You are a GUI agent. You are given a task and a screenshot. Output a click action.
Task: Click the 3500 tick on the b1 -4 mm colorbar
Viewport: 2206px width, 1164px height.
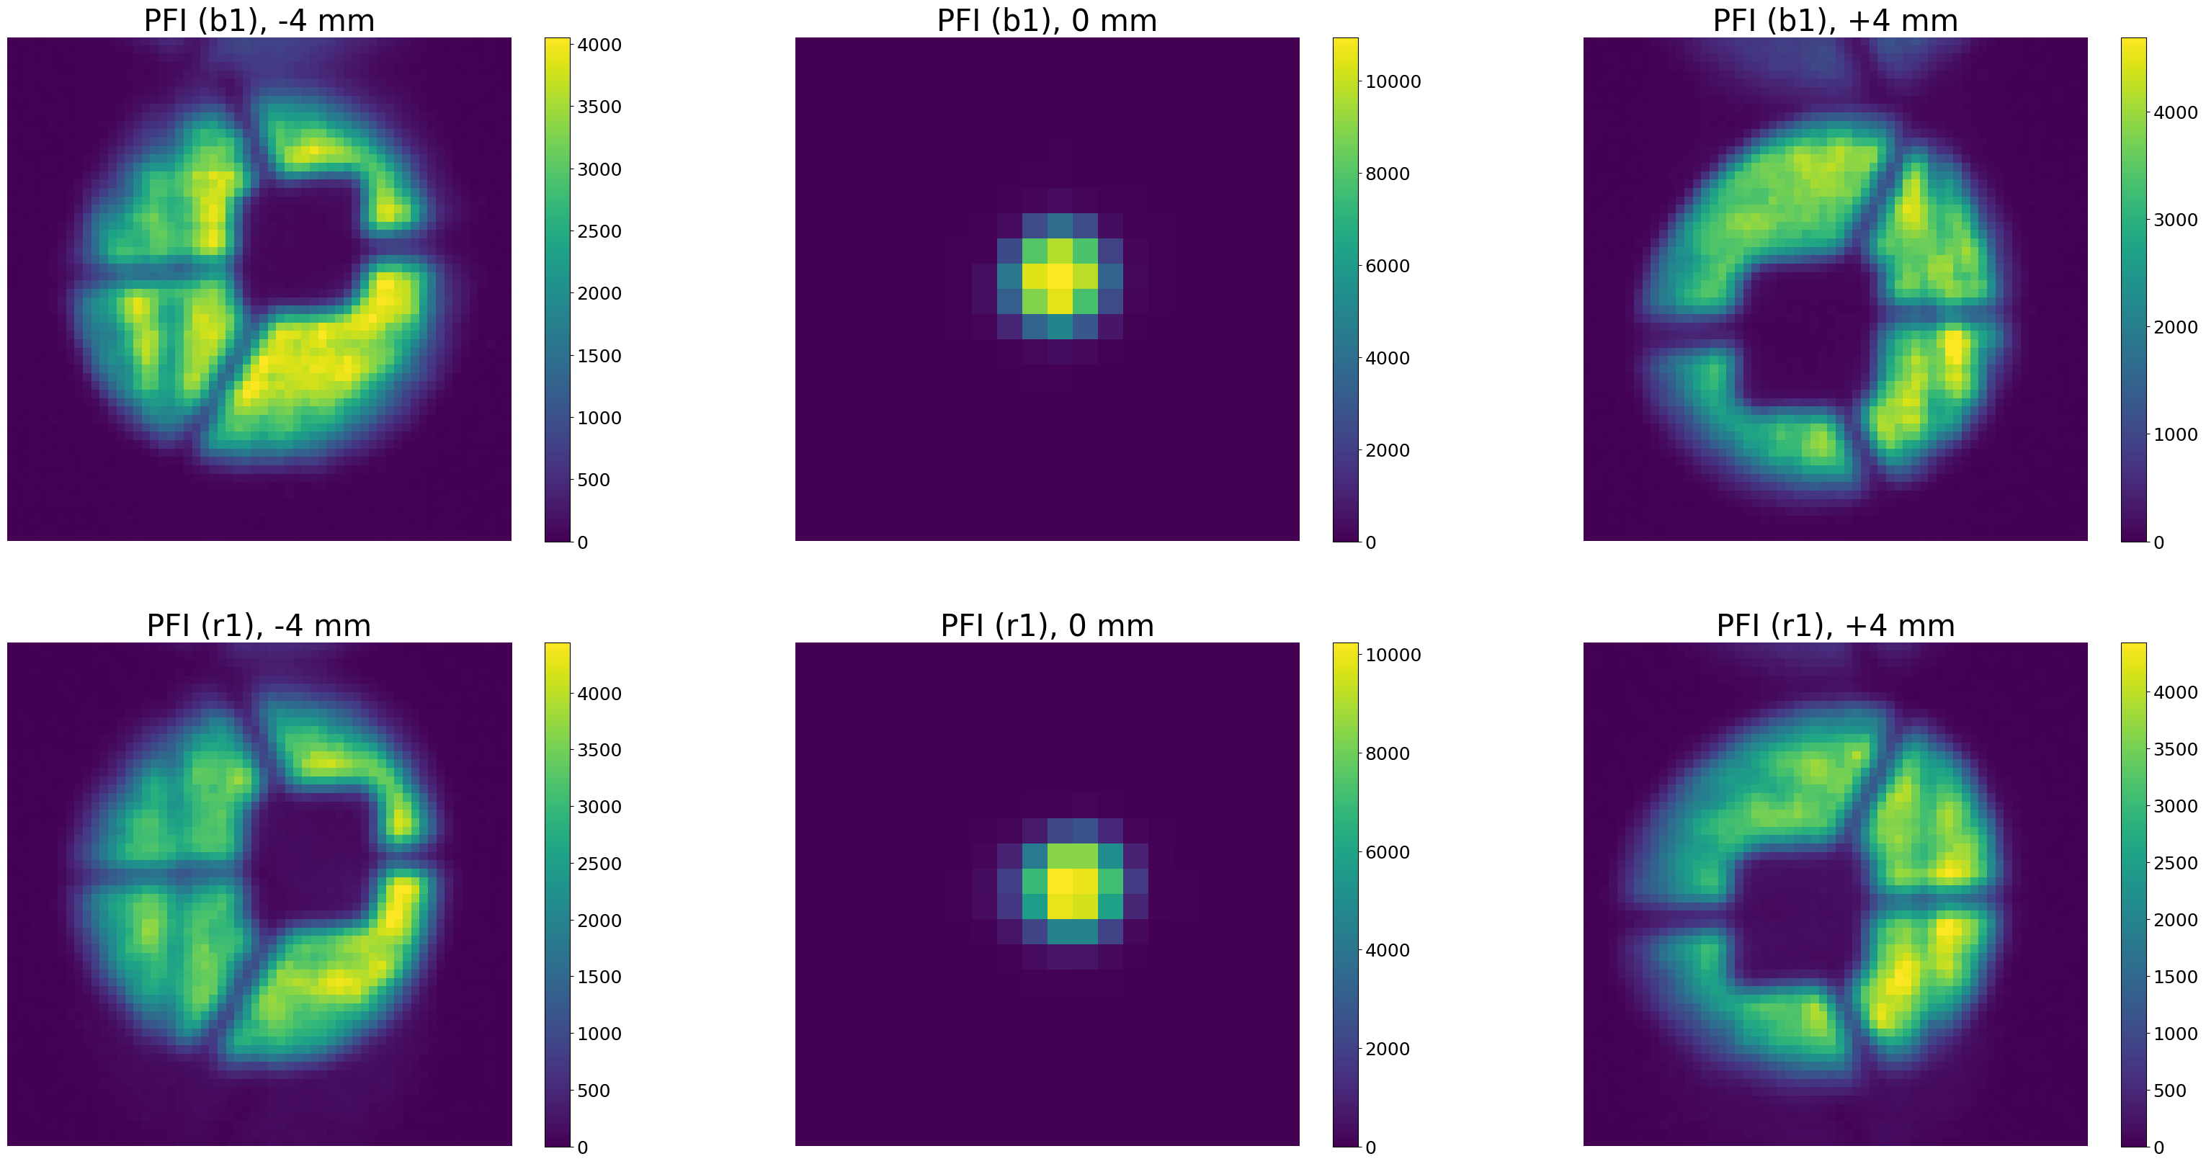[x=599, y=107]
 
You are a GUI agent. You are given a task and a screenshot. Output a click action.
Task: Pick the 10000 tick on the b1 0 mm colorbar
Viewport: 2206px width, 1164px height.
[x=1393, y=81]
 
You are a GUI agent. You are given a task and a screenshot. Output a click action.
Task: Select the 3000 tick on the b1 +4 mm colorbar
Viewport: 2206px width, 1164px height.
[x=2175, y=220]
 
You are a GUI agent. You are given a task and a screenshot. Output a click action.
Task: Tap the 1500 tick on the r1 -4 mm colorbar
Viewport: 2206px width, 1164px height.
[x=599, y=977]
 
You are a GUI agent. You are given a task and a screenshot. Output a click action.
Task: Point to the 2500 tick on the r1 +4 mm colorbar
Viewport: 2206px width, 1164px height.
[x=2175, y=863]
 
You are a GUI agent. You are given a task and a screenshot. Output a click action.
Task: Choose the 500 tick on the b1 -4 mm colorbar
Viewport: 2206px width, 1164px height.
[x=594, y=480]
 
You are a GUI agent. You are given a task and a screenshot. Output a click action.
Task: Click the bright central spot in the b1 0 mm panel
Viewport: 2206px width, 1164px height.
[x=1059, y=277]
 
